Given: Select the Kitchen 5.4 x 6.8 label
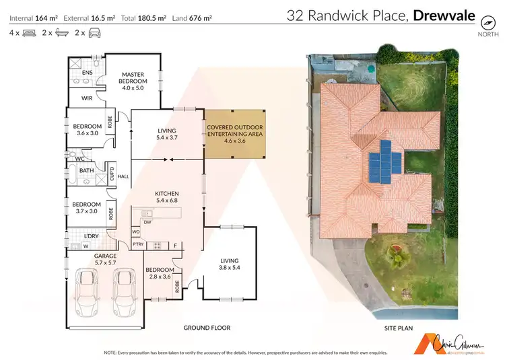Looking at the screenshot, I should [x=166, y=196].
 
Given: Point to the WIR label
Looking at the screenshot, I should [x=87, y=98].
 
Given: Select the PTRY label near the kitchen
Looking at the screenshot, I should [x=138, y=244].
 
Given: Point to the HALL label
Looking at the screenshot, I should [x=123, y=176].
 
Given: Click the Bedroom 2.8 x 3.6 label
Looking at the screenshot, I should [x=160, y=274].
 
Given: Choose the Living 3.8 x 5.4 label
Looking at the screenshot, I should [x=230, y=264].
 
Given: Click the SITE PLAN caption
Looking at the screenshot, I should [x=397, y=328].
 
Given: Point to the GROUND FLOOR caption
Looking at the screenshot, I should [x=207, y=328].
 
